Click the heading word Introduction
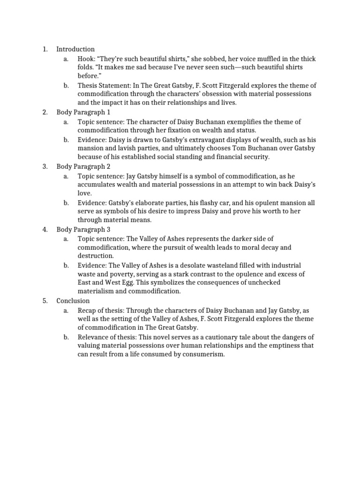(75, 49)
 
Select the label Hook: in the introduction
(87, 59)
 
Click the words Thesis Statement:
(103, 85)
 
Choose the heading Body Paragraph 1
(83, 112)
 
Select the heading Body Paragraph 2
(83, 166)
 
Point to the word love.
(84, 193)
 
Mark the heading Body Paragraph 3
(83, 229)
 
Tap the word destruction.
(96, 256)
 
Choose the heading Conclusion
(73, 301)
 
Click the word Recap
(87, 310)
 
